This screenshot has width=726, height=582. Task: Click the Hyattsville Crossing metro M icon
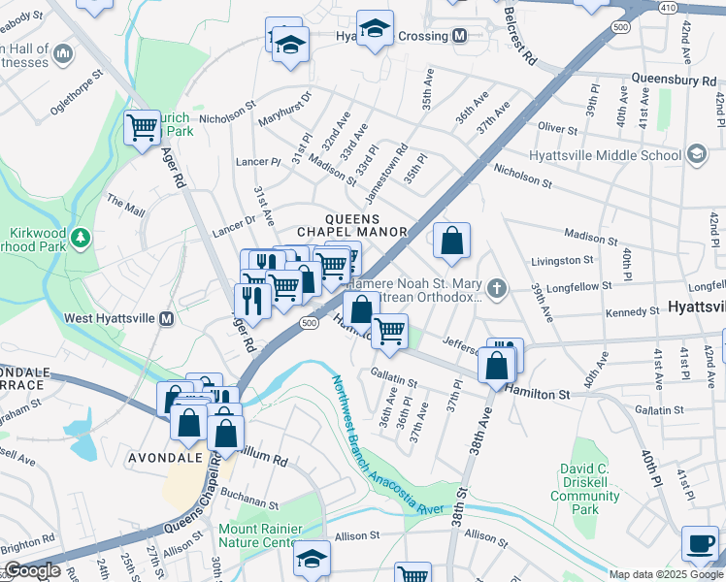coord(460,36)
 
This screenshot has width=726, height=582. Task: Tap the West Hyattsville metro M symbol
coord(166,318)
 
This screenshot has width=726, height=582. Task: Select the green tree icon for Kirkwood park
coord(82,236)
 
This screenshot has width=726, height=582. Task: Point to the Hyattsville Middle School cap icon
coord(696,154)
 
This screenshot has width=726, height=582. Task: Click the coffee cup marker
coord(700,544)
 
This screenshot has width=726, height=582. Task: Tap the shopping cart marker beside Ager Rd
coord(143,126)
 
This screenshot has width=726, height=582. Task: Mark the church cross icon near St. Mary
coord(497,288)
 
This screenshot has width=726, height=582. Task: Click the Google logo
coord(32,571)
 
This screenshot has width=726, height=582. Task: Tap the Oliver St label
coord(558,127)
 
